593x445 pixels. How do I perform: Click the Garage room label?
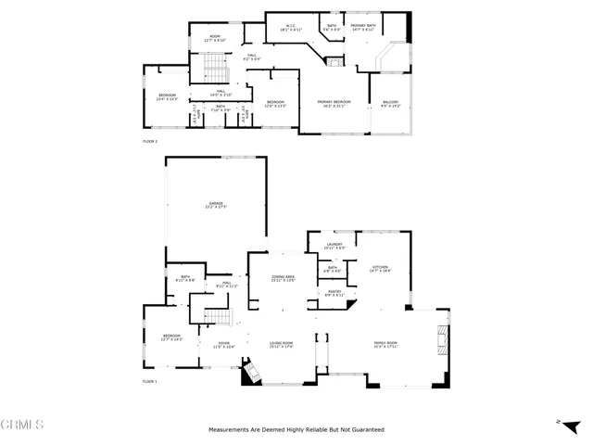coord(217,204)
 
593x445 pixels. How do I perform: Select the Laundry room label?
coord(334,247)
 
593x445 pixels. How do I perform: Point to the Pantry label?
coord(334,293)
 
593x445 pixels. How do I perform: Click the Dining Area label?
coord(283,278)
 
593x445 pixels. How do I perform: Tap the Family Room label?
coord(385,345)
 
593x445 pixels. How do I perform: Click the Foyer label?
coord(224,345)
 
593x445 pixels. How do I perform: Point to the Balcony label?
coord(390,104)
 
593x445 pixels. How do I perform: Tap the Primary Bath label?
coord(362,28)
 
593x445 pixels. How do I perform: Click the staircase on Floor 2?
coord(214,69)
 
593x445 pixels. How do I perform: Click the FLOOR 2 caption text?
coord(150,142)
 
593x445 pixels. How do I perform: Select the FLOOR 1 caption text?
coord(150,382)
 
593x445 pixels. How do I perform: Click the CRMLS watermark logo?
coord(23,426)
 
